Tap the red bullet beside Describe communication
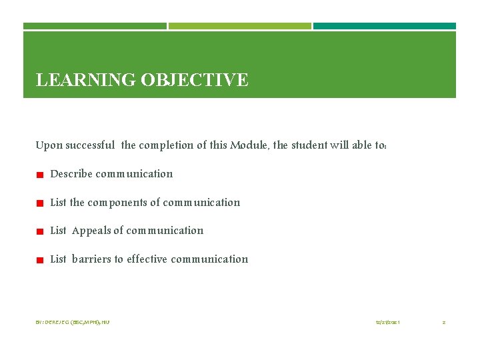coord(40,175)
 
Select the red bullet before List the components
coord(40,203)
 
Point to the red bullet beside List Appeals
coord(40,232)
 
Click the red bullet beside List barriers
coord(40,261)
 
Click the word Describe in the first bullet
coord(71,174)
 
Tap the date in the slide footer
coord(387,323)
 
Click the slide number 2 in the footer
coord(444,323)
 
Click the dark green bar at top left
coord(95,26)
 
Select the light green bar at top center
coord(240,26)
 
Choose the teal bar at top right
coord(385,26)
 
